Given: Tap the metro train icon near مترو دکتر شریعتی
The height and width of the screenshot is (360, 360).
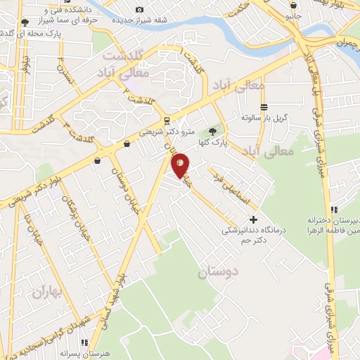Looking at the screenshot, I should point(166,120).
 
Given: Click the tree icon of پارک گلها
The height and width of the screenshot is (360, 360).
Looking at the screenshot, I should point(213,131).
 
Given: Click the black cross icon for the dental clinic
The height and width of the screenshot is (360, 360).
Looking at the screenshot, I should point(253,219).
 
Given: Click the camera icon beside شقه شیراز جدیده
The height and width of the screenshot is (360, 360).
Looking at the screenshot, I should point(139,9).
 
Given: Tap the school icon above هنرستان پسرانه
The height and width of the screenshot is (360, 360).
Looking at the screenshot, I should point(84,342).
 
